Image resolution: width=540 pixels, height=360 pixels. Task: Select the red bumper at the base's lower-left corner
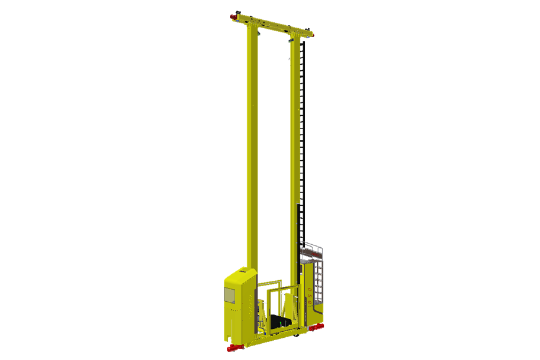pyautogui.click(x=232, y=348)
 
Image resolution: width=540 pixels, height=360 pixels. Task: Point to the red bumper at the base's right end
pyautogui.click(x=316, y=327)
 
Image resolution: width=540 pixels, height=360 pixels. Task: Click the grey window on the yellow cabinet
pyautogui.click(x=229, y=294)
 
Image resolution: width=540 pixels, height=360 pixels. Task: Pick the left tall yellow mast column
pyautogui.click(x=252, y=150)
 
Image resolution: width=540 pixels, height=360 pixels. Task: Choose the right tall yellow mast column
pyautogui.click(x=295, y=150)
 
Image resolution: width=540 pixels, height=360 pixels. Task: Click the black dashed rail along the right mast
pyautogui.click(x=304, y=120)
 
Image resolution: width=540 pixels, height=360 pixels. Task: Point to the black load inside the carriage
pyautogui.click(x=279, y=322)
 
